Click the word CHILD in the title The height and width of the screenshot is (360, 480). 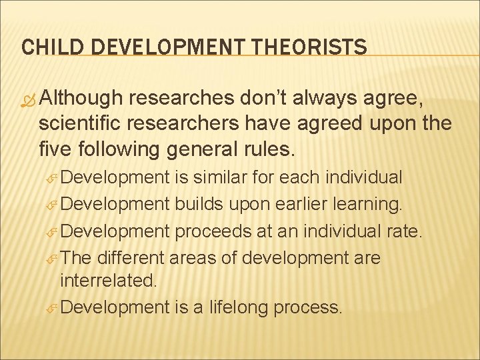point(46,47)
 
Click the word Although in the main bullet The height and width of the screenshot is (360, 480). point(81,98)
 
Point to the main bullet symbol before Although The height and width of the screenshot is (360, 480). point(29,99)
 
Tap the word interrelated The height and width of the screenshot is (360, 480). point(109,281)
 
